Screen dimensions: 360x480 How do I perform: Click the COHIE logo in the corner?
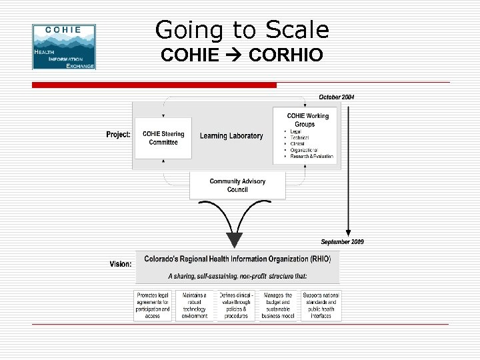coord(64,47)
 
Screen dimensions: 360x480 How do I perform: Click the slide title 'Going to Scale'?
coord(242,30)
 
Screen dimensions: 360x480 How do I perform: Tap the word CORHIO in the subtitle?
coord(285,55)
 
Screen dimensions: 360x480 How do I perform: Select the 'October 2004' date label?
coord(337,97)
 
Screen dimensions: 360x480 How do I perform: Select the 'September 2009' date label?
coord(343,241)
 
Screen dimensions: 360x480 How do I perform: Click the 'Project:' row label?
coord(119,135)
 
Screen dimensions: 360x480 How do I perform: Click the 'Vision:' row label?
coord(121,264)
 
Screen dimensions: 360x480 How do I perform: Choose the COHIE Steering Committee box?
coord(163,138)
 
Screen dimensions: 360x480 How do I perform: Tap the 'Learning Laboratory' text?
coord(231,136)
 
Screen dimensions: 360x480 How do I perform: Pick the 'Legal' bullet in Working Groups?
coord(296,131)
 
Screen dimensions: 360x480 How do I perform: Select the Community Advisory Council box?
coord(237,185)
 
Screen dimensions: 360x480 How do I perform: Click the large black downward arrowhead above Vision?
coord(235,239)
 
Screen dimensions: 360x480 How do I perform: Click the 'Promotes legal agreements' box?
coord(153,305)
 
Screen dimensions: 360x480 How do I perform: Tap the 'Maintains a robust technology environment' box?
coord(195,305)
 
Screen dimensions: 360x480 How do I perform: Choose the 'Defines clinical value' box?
coord(236,305)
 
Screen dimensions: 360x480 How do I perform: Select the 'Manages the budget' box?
coord(278,305)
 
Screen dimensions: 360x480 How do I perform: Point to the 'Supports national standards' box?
coord(321,305)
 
